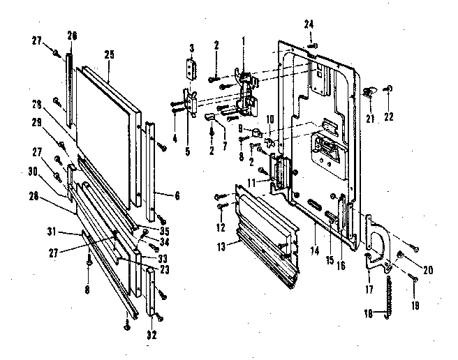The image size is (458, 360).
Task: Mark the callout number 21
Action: point(369,117)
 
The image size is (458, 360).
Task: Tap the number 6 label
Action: point(177,197)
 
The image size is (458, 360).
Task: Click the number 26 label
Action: point(72,35)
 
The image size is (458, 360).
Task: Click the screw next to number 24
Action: point(314,45)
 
